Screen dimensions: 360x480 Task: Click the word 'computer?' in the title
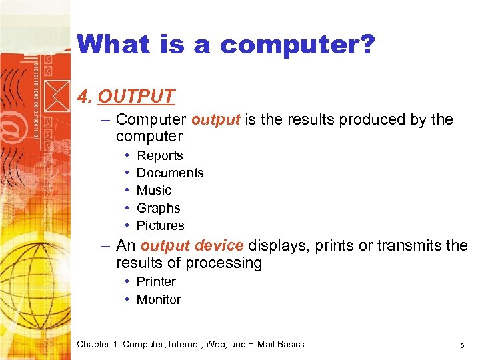pos(297,45)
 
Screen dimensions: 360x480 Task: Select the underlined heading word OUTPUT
pos(136,97)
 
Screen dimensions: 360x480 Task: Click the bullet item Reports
pos(159,155)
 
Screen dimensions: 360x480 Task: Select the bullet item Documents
pos(170,173)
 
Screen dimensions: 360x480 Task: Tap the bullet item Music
pos(154,190)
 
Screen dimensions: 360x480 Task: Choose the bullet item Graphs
pos(158,208)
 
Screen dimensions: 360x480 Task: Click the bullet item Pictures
pos(160,225)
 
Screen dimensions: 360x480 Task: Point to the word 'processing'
pos(223,263)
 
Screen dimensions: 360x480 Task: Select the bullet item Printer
pos(156,281)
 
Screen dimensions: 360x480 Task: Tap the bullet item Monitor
pos(159,299)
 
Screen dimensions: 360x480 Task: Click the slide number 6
pos(462,345)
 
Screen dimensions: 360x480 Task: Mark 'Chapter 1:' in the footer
pos(98,345)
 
